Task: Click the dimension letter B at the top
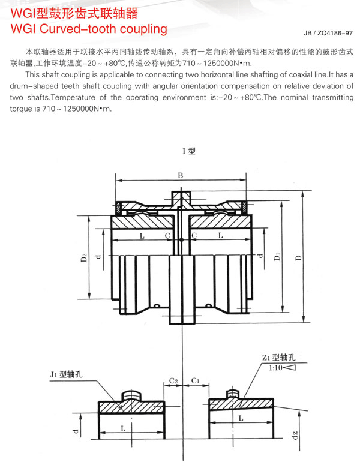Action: pos(180,175)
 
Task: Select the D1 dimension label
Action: pos(277,257)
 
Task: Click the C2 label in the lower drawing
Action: pos(173,380)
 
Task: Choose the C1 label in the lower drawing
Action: pos(195,380)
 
